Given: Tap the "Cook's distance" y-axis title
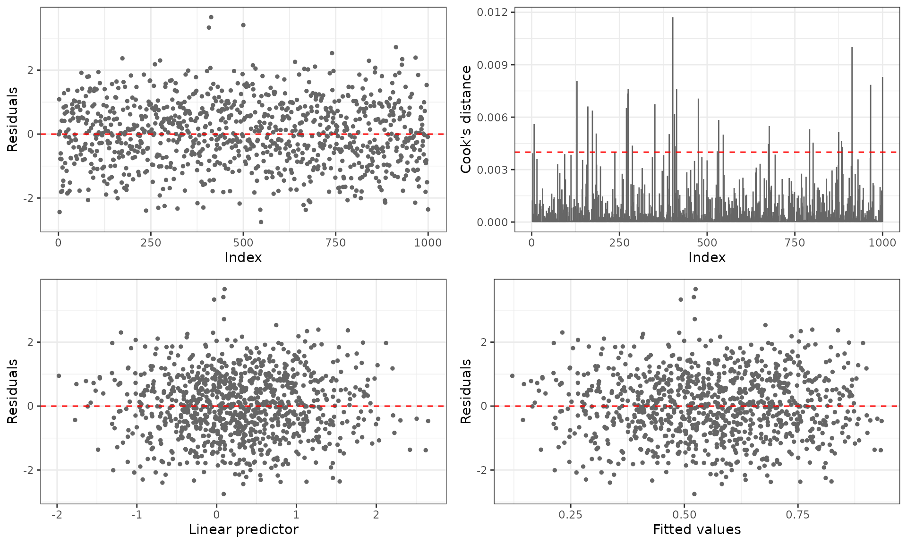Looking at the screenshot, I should [x=466, y=119].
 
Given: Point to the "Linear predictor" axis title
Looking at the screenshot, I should [x=243, y=530].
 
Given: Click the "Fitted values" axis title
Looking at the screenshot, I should [x=697, y=530].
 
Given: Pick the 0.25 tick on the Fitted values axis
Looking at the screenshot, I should [x=570, y=515].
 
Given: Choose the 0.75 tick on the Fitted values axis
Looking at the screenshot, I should [x=798, y=515].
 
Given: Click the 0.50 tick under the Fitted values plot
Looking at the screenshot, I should [x=684, y=515].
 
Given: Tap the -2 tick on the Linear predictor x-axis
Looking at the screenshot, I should [x=56, y=515].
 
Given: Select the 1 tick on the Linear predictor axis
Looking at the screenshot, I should [x=296, y=515].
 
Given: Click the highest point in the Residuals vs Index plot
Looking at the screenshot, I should [x=211, y=17].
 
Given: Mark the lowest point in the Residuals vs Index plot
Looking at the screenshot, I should [x=261, y=222].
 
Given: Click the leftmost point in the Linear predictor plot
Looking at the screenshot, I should [x=59, y=376].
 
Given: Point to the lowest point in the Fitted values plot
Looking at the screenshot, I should [x=694, y=494].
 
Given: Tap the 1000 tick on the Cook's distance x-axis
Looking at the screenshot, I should [x=882, y=243].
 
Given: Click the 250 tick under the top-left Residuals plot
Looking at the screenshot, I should [x=151, y=243].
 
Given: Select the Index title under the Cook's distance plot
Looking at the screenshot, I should [x=707, y=257].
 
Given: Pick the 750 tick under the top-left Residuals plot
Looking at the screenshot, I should [x=335, y=243].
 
